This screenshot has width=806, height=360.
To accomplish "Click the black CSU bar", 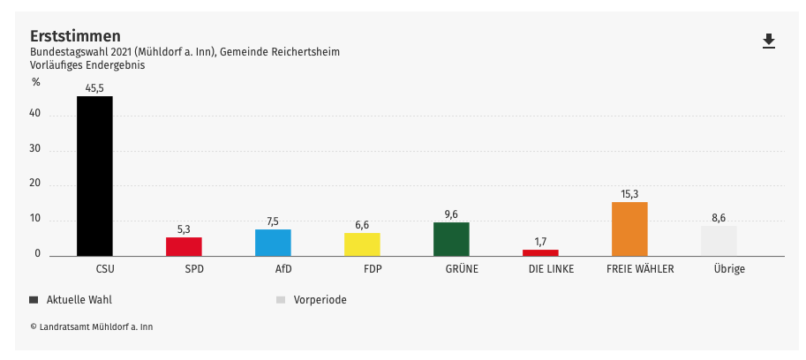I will click(94, 176).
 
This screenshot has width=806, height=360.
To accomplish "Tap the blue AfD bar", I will click(273, 243).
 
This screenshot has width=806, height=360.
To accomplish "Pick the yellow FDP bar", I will click(362, 244).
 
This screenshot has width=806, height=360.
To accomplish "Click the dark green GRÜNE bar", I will click(451, 239).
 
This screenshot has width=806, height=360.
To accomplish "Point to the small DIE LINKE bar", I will click(540, 252).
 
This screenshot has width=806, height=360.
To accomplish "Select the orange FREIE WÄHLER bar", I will click(629, 229).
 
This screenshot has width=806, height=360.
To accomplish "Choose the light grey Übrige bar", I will click(719, 241).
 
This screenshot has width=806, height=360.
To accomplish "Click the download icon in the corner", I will click(769, 41).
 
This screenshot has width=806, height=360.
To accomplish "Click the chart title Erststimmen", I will click(75, 36).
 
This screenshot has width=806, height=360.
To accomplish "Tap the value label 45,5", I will click(94, 87).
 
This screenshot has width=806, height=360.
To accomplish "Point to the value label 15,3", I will click(629, 194).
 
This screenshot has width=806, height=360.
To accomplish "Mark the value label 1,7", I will click(540, 241).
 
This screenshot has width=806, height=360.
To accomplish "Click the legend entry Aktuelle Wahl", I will click(79, 300).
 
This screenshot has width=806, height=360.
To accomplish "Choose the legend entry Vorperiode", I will click(320, 300).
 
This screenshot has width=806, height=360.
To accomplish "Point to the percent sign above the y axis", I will click(36, 82).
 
